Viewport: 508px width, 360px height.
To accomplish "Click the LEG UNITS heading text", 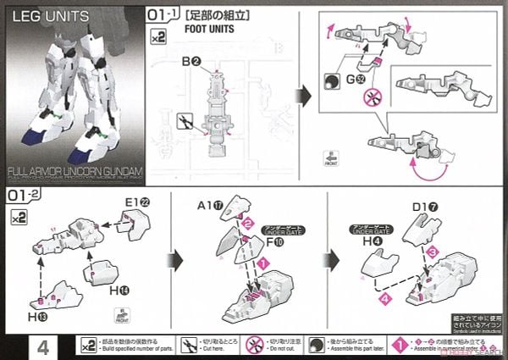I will [x=45, y=17].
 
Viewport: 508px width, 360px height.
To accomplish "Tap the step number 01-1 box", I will [x=161, y=14].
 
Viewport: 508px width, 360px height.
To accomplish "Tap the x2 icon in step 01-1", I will [x=157, y=36].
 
